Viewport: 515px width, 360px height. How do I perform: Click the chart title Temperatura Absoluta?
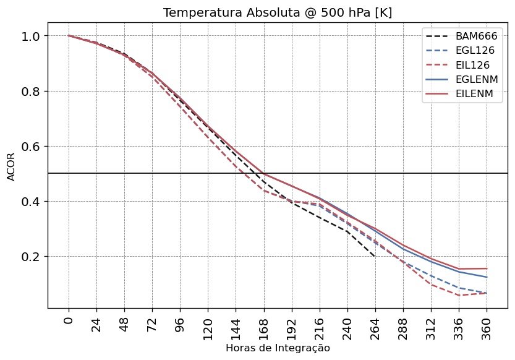(x=278, y=13)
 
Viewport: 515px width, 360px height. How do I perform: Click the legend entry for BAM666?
(x=476, y=36)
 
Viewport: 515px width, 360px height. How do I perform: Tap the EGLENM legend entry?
(x=477, y=80)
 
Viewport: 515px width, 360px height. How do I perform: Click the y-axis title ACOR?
(x=11, y=166)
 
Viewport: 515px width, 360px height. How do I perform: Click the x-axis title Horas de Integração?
(x=278, y=348)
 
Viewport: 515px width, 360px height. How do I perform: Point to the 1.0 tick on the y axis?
(x=31, y=36)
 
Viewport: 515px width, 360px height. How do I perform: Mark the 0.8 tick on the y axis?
(x=31, y=91)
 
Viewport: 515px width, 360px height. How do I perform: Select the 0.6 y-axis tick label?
(x=31, y=147)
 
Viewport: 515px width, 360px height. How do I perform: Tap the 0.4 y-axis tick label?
(x=31, y=202)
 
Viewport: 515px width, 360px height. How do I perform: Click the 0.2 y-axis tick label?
(x=31, y=257)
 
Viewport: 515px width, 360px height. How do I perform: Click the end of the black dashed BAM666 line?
(x=375, y=256)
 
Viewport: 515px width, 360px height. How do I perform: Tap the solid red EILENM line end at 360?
(x=487, y=268)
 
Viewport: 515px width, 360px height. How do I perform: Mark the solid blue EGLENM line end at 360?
(x=487, y=277)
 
